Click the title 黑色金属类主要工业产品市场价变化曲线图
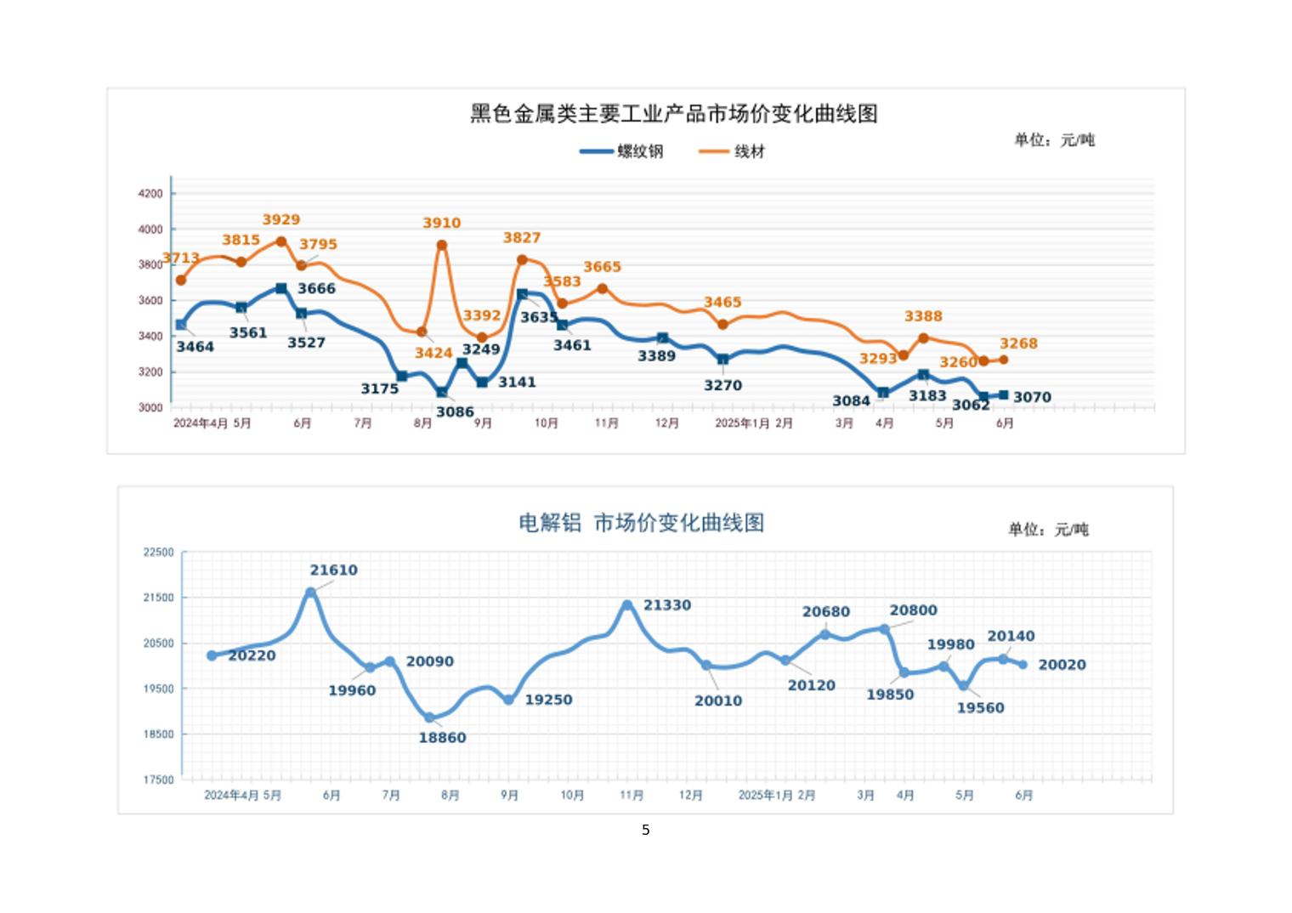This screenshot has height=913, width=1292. click(x=673, y=114)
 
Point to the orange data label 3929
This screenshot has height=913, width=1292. click(x=280, y=220)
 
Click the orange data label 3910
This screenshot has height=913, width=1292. click(x=441, y=223)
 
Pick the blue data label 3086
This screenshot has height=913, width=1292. click(x=455, y=412)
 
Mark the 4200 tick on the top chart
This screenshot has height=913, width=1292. click(x=150, y=194)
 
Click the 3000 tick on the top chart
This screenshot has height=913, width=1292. click(x=150, y=407)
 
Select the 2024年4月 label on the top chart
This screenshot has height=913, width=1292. click(x=200, y=423)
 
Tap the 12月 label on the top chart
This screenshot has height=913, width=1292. click(x=667, y=423)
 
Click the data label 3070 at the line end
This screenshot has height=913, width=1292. click(x=1032, y=397)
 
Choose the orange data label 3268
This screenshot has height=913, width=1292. click(x=1018, y=343)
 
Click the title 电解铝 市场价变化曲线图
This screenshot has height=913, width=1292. click(x=641, y=522)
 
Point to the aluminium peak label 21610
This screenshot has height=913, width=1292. click(x=333, y=570)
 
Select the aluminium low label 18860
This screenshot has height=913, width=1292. click(x=442, y=738)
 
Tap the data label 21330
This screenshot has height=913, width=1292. click(x=667, y=605)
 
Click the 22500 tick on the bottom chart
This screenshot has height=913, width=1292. click(x=158, y=553)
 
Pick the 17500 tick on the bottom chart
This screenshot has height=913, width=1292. click(x=158, y=780)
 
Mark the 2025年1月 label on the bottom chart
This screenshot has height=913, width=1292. click(x=765, y=796)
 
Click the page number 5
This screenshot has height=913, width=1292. click(x=646, y=830)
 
